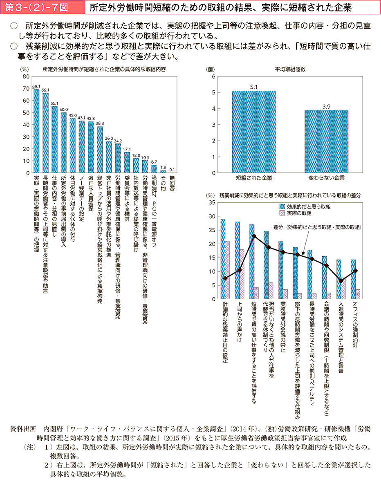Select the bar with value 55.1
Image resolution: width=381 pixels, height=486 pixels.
tap(54, 139)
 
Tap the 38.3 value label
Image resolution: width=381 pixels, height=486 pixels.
tap(99, 123)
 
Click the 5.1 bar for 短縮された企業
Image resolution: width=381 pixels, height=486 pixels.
tap(254, 132)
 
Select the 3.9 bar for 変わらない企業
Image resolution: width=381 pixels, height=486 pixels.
tap(326, 141)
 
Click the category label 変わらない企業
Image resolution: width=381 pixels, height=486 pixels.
tap(326, 178)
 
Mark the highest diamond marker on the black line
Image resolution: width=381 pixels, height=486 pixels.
tap(254, 236)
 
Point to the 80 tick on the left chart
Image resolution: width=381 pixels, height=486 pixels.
tap(26, 76)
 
